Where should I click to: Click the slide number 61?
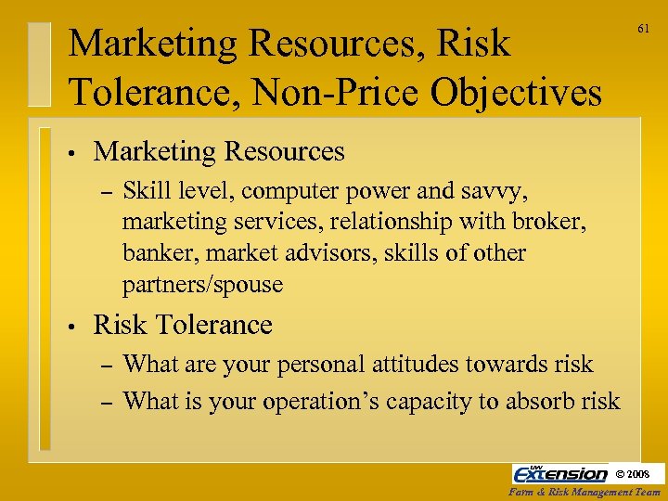tap(642, 30)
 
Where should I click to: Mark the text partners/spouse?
tap(202, 284)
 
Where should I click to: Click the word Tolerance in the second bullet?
tap(213, 326)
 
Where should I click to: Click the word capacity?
tap(465, 401)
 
